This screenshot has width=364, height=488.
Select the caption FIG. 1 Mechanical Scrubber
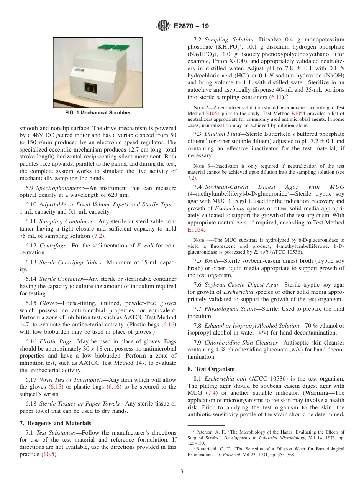click(98, 113)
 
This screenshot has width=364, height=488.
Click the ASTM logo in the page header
click(163, 26)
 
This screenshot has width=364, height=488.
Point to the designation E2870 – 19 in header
click(191, 26)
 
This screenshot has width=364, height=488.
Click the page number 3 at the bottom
click(182, 472)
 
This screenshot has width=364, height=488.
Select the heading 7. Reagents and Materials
click(55, 423)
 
